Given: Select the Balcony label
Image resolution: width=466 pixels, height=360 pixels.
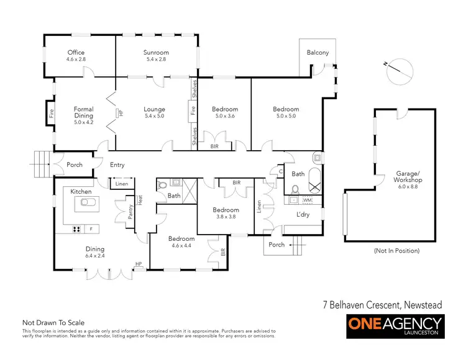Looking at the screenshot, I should click(318, 53).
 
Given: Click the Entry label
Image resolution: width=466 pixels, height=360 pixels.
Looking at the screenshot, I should click(117, 165).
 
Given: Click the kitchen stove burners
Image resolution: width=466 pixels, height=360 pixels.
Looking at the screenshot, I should click(78, 229).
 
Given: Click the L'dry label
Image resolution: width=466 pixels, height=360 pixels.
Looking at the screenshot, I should click(303, 215).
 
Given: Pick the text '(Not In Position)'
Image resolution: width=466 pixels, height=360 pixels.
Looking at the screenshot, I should click(398, 251).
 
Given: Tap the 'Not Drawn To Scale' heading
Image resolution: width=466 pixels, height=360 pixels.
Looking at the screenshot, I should click(53, 323).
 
